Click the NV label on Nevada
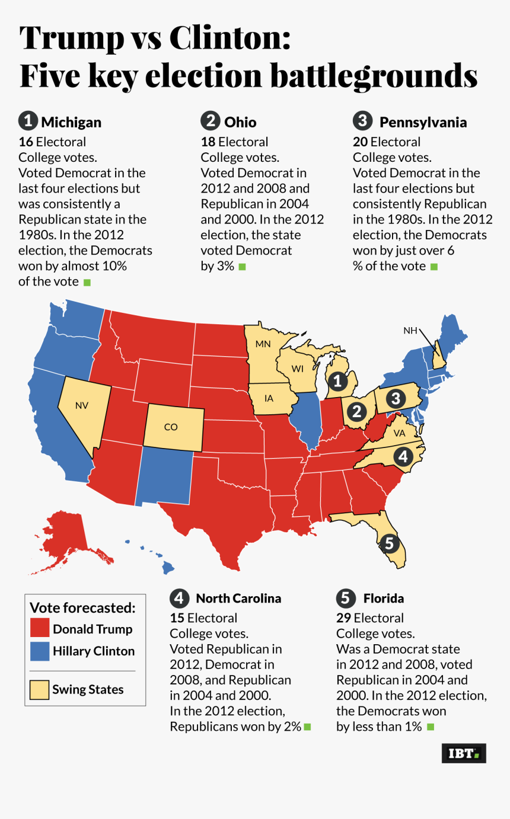tap(81, 405)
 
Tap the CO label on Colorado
tap(171, 427)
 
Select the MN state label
tap(263, 344)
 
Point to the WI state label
tap(298, 369)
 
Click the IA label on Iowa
tap(269, 398)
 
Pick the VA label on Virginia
tap(400, 433)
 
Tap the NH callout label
tap(410, 331)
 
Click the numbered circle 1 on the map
tap(337, 382)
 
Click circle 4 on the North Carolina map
tap(403, 457)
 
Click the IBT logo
tap(464, 753)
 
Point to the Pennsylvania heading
tap(423, 123)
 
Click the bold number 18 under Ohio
tap(208, 142)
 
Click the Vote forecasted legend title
tap(83, 607)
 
